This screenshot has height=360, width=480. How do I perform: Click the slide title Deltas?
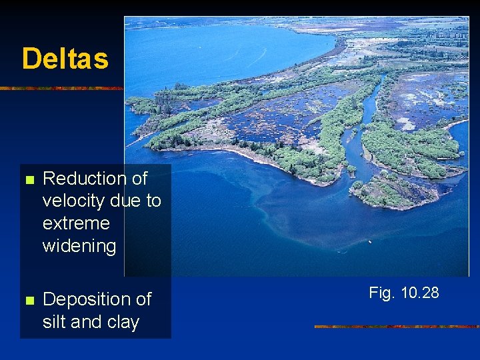(x=65, y=59)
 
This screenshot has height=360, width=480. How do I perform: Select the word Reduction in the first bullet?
(x=85, y=179)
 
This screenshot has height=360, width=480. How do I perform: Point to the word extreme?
(x=76, y=223)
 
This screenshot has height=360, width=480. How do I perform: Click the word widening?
(x=79, y=246)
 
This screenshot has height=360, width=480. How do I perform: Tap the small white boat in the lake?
(x=370, y=241)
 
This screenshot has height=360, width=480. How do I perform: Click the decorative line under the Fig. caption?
(x=397, y=327)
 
